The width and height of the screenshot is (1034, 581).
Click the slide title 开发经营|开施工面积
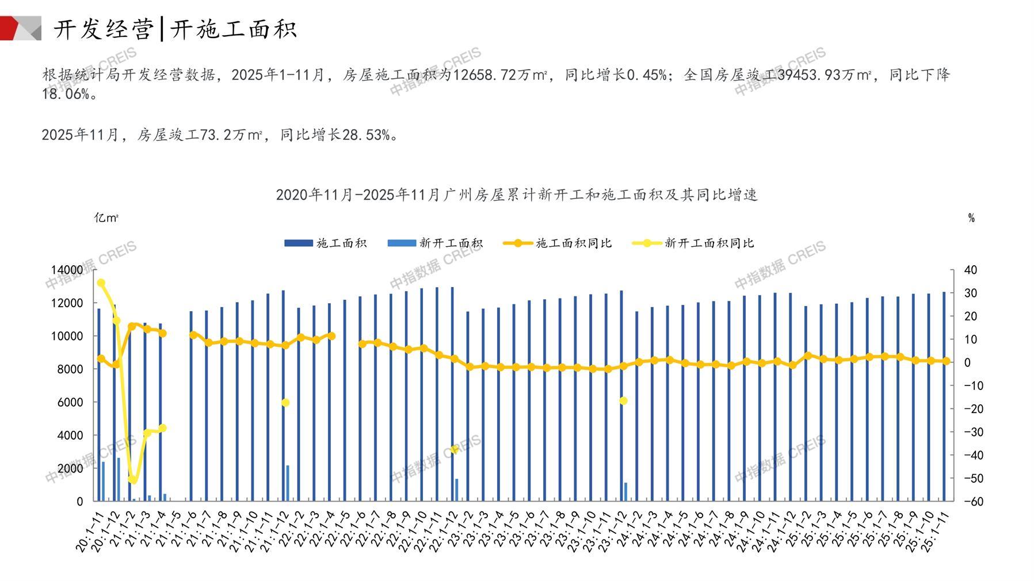[x=175, y=29]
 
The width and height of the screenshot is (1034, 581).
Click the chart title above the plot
[x=516, y=194]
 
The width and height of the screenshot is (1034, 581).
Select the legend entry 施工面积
[x=326, y=243]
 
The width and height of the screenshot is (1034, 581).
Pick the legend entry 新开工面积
[x=435, y=243]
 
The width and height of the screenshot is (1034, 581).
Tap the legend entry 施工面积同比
[x=558, y=243]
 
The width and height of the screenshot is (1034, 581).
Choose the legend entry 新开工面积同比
[x=693, y=243]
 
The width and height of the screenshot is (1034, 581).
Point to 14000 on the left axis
[x=67, y=270]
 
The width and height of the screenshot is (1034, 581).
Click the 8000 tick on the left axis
[x=70, y=369]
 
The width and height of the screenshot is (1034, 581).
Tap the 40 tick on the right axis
[x=970, y=270]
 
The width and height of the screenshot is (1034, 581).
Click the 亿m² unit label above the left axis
[x=106, y=218]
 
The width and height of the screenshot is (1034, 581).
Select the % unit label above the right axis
[x=971, y=218]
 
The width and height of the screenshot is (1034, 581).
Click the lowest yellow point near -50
[x=132, y=479]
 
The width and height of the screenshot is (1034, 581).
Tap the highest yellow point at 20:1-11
[x=101, y=283]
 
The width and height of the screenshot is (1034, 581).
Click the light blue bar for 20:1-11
[x=104, y=481]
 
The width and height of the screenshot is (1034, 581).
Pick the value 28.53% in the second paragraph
[x=366, y=135]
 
